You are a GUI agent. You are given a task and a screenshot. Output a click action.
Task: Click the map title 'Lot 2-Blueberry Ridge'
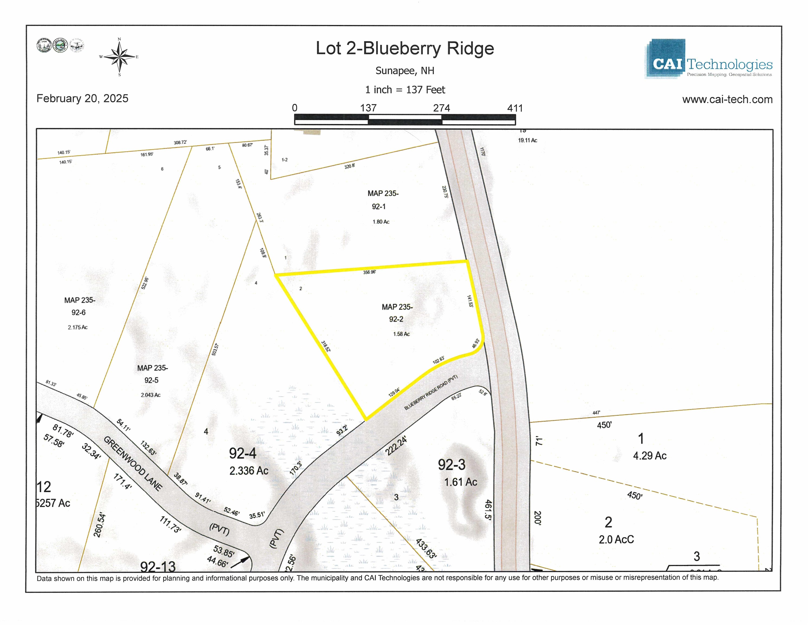click(405, 49)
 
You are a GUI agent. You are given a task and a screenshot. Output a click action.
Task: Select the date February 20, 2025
click(82, 98)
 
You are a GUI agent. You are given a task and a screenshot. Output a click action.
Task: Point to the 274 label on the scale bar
click(441, 108)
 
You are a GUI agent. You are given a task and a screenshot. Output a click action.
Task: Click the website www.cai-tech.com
click(727, 99)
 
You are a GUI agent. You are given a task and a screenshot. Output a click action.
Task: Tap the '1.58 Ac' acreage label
click(401, 334)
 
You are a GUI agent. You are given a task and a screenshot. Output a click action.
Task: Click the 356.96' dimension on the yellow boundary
click(369, 272)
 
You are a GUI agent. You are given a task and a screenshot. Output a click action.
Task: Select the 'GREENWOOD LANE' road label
click(133, 464)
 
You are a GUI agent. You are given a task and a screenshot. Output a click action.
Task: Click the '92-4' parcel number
click(243, 453)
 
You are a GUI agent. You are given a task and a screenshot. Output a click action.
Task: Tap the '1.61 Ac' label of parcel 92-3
click(461, 482)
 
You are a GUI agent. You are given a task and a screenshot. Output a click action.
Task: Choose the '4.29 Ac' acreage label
click(650, 456)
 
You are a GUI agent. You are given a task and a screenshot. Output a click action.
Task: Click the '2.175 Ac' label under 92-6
click(78, 327)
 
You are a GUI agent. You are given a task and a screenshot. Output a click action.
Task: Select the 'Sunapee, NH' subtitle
click(405, 71)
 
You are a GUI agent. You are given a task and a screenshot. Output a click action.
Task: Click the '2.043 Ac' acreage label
click(151, 395)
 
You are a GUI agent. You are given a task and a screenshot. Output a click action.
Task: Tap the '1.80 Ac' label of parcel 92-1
click(381, 222)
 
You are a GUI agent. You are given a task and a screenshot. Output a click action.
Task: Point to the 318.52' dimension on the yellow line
click(326, 346)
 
